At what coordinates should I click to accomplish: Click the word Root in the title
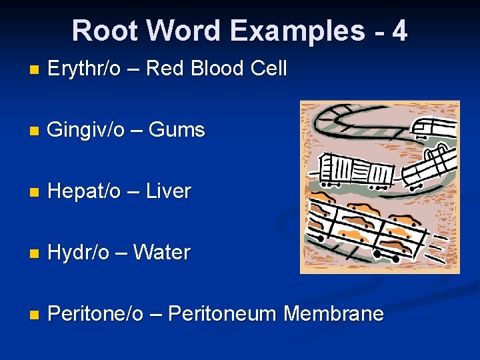(107, 31)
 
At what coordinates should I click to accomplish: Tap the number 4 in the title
(399, 31)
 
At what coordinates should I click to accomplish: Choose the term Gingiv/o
(86, 129)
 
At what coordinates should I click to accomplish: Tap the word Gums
(177, 129)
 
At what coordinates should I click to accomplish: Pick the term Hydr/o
(79, 253)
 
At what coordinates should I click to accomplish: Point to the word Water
(162, 253)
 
